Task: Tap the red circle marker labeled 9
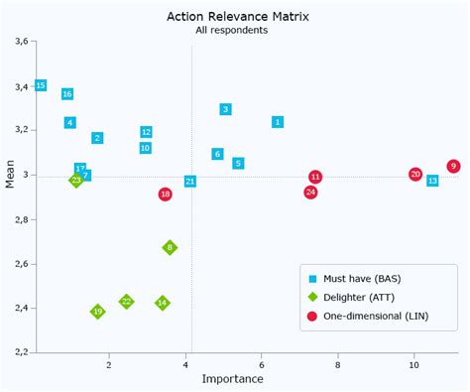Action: pyautogui.click(x=453, y=167)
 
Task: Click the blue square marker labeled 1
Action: pyautogui.click(x=278, y=122)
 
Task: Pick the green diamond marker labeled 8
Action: pyautogui.click(x=170, y=247)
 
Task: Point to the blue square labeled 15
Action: pyautogui.click(x=41, y=85)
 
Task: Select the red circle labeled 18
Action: pyautogui.click(x=165, y=195)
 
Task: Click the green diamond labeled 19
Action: pyautogui.click(x=97, y=312)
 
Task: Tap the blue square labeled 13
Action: pyautogui.click(x=432, y=181)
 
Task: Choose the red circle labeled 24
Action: pyautogui.click(x=310, y=192)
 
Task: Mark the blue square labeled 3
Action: pyautogui.click(x=225, y=109)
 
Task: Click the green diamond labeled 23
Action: pyautogui.click(x=76, y=181)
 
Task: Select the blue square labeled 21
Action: pyautogui.click(x=189, y=182)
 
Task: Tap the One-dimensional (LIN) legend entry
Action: pyautogui.click(x=374, y=316)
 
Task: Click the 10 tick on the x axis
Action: pyautogui.click(x=413, y=363)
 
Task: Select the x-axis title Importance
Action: pyautogui.click(x=232, y=379)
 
